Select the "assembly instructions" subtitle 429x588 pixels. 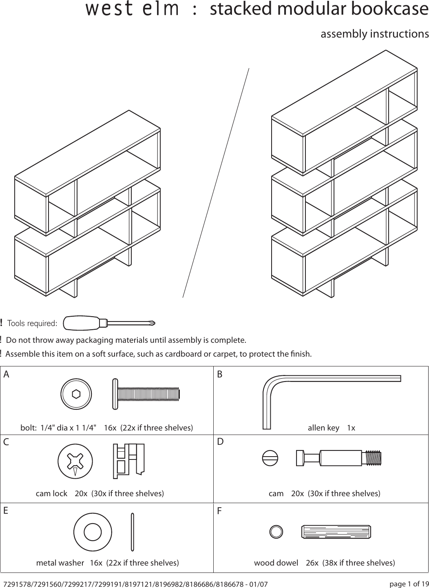coord(374,33)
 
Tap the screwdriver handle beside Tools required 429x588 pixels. coord(82,323)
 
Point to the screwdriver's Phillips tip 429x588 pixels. coord(152,323)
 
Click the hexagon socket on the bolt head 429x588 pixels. coord(76,394)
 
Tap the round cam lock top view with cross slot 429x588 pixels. coord(76,462)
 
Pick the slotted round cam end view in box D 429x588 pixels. coord(270,457)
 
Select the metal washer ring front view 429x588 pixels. coord(93,532)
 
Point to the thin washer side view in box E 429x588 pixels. coord(133,532)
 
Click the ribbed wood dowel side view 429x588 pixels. coord(336,532)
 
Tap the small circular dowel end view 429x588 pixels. coord(276,532)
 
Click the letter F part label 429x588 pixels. coord(219,511)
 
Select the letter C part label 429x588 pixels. coord(7,442)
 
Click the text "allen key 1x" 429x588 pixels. coord(331,428)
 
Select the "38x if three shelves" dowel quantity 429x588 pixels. coord(358,563)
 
